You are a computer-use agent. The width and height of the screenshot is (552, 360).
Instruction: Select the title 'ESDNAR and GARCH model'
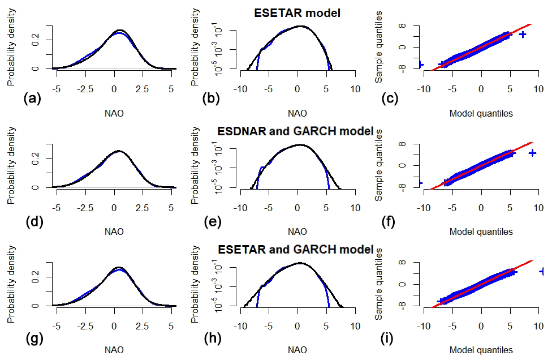[296, 131]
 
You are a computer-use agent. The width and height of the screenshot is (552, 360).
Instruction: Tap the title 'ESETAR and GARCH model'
[296, 250]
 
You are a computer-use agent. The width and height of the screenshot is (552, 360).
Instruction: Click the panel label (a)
[31, 99]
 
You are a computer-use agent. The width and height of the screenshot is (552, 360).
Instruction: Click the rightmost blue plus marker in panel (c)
[523, 35]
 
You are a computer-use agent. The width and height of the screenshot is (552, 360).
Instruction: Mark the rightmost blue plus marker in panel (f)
[532, 153]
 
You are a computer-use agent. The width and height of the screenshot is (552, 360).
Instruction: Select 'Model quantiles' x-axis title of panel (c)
[481, 113]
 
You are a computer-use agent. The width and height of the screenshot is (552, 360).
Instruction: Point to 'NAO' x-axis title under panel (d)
[114, 232]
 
